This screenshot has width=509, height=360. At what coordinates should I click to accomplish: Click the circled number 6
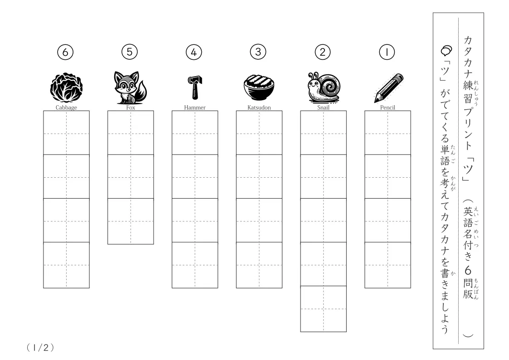pos(65,52)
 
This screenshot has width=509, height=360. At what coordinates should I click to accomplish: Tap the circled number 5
pos(130,52)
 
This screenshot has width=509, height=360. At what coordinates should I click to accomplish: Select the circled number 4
pos(194,52)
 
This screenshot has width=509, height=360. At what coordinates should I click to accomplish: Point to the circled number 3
pos(258,52)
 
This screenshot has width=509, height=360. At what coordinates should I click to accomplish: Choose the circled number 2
pos(322,52)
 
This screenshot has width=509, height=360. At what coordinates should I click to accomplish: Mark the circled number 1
pos(387,52)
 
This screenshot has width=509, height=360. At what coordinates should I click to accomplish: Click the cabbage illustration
pos(66,87)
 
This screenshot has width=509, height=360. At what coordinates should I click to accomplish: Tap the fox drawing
pos(131,88)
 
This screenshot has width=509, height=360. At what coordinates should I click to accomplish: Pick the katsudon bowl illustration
pos(259,88)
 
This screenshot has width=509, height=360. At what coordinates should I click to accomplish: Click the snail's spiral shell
pos(330,85)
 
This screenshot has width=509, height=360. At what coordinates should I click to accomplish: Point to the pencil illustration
pos(388,88)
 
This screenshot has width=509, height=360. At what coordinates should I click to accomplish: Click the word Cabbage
pos(66,107)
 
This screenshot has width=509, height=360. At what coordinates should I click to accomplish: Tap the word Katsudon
pos(259,107)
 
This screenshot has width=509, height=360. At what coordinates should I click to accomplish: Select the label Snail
pos(323,107)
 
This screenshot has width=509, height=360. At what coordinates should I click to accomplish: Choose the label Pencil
pos(388,107)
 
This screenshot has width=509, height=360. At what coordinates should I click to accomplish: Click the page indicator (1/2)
pos(40,348)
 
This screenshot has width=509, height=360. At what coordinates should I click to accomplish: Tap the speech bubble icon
pos(446,50)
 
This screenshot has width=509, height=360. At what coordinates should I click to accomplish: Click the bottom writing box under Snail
pos(323,309)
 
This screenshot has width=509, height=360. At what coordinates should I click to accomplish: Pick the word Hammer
pos(195,107)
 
